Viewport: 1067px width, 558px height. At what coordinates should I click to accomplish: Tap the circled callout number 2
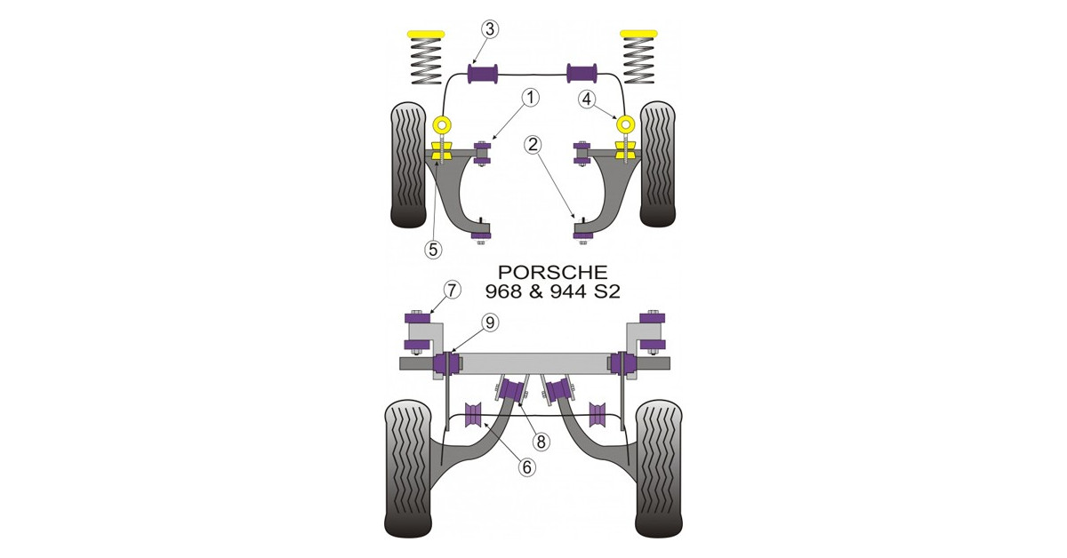(533, 144)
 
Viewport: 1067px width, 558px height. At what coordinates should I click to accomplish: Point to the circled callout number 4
(587, 100)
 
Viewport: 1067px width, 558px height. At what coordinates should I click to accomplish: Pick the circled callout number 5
(433, 249)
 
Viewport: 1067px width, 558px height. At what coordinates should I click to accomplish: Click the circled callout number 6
(526, 467)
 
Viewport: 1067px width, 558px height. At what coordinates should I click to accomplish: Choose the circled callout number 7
(452, 290)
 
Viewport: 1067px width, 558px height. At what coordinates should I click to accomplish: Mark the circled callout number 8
(541, 442)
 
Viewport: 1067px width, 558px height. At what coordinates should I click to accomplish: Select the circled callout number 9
(490, 323)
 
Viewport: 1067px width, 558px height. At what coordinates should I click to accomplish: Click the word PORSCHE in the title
(552, 272)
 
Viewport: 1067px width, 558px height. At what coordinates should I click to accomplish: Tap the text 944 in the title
(568, 291)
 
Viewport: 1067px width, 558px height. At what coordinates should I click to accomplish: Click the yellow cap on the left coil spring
(92, 35)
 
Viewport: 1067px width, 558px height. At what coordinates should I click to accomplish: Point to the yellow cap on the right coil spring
(638, 34)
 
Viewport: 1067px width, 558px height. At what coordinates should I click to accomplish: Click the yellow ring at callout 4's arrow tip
(625, 124)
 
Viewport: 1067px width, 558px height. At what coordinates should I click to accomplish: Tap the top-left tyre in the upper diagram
(408, 164)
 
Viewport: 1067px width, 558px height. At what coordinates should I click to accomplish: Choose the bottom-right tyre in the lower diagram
(658, 468)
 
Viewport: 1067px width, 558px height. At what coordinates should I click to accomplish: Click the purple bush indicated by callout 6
(140, 415)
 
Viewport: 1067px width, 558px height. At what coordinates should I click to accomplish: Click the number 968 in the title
(503, 291)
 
